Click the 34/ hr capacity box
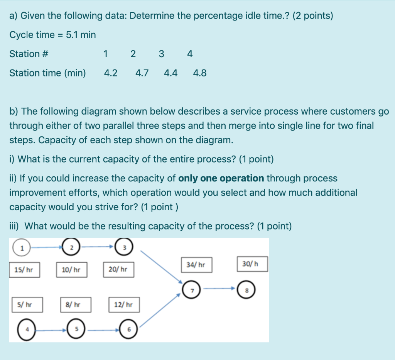196,265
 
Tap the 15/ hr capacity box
24,270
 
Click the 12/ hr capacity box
123,305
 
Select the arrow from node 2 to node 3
99,245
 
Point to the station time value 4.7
142,73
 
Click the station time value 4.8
200,73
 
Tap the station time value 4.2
111,73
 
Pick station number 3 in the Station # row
161,54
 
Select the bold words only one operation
221,178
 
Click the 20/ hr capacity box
118,270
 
